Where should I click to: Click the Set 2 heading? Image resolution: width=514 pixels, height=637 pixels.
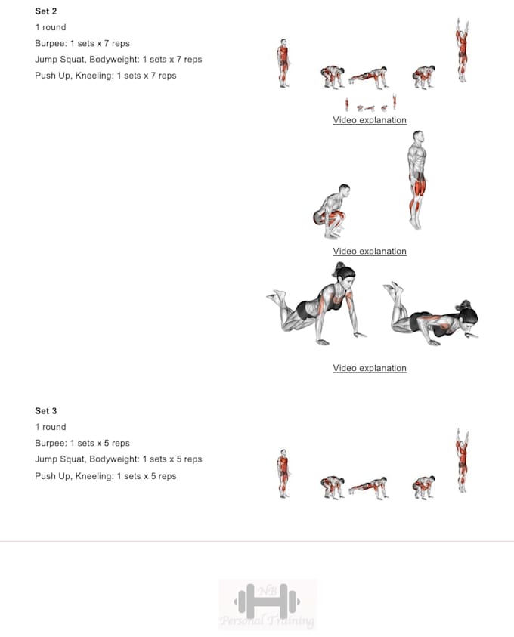coord(46,11)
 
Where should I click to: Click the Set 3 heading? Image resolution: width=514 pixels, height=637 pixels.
coord(46,411)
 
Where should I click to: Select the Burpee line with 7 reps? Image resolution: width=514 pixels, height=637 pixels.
coord(82,44)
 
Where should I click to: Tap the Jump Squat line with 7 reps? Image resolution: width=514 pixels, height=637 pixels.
coord(118,60)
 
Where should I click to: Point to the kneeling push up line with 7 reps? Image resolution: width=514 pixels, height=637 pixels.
coord(105,76)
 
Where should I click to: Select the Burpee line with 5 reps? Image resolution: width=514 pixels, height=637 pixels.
coord(82,444)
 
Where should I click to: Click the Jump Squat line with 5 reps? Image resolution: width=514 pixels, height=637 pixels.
coord(118,459)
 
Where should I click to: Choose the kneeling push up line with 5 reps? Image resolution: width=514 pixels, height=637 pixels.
coord(105,476)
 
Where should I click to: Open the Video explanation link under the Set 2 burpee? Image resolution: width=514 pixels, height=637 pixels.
coord(370,120)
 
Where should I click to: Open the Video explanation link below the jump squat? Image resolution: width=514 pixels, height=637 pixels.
coord(370,252)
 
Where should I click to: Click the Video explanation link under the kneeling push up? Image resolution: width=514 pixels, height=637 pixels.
coord(370,369)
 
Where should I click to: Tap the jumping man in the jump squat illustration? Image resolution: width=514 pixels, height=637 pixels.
coord(416,180)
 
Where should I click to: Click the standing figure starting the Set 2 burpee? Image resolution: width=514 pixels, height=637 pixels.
coord(283,63)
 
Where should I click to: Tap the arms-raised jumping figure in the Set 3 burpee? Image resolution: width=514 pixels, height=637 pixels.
coord(461,460)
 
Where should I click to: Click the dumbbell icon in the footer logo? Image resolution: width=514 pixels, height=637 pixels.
coord(267,601)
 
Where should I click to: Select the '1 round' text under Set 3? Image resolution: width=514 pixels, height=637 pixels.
coord(51,427)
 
